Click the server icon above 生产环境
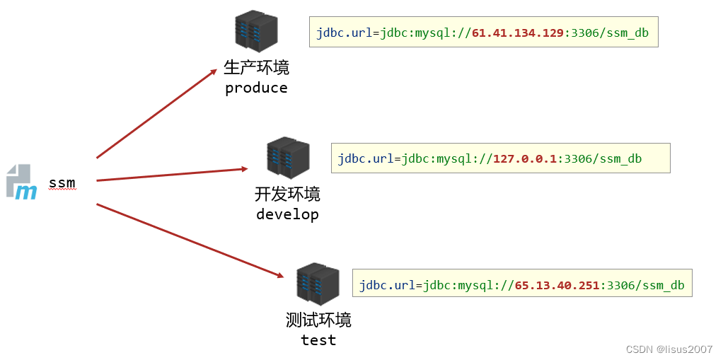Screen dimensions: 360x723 [x=256, y=32]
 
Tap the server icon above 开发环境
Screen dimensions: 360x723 [x=288, y=158]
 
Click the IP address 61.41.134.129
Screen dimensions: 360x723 [x=518, y=33]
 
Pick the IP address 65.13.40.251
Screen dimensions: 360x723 [x=557, y=285]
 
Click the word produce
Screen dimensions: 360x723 [x=256, y=88]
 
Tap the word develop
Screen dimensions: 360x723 [x=287, y=214]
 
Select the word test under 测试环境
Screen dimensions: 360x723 [x=318, y=340]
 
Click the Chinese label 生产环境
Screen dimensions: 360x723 [x=256, y=68]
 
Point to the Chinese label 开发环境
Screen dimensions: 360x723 [x=287, y=194]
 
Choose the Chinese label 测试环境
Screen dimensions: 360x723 [x=318, y=320]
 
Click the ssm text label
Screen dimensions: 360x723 [x=62, y=183]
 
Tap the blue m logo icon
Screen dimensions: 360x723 [x=22, y=182]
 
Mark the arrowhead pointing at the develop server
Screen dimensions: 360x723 [x=244, y=169]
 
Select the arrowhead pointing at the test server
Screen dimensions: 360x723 [x=279, y=274]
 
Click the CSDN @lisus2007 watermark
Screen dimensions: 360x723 [x=668, y=349]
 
